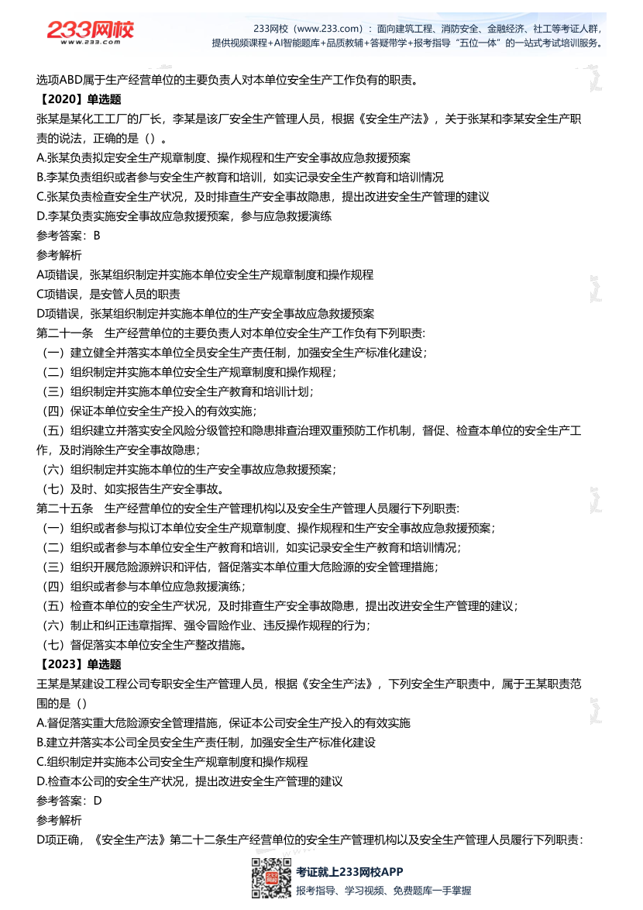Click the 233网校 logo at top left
pos(90,32)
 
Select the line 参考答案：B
pos(69,236)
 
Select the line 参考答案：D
pos(69,801)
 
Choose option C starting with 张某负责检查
pos(263,197)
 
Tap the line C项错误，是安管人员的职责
pos(108,294)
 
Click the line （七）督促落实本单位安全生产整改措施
pos(144,645)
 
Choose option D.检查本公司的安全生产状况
pos(189,781)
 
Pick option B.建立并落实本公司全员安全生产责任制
pos(205,743)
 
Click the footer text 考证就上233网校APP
pos(349,872)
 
